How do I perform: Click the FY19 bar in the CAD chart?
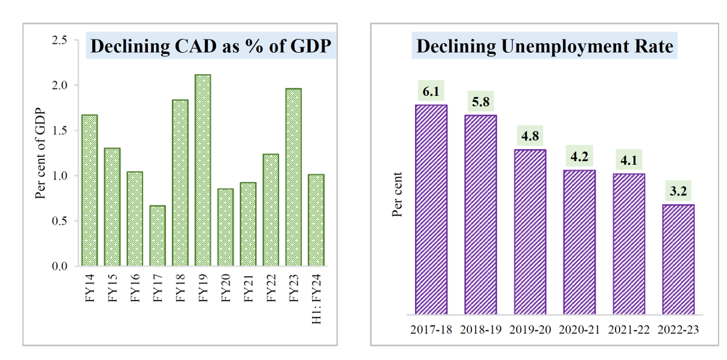pos(203,170)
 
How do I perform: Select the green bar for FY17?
pos(158,236)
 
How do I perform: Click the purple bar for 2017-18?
pos(431,210)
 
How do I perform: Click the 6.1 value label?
pos(431,92)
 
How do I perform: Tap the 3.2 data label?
pos(678,192)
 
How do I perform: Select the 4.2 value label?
pos(579,158)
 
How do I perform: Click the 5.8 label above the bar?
pos(480,102)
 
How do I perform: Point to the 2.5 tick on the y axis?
pos(59,41)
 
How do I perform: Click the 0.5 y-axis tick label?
pos(59,221)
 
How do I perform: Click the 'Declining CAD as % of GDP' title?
pos(211,47)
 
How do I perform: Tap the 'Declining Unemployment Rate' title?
pos(545,47)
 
